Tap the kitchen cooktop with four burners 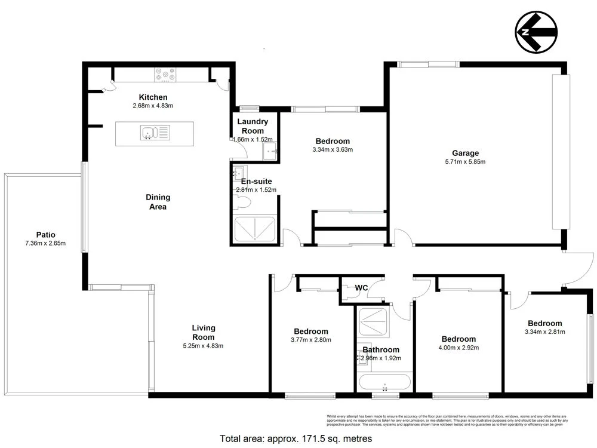tap(165, 74)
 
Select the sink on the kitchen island tap(147, 131)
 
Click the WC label tap(361, 288)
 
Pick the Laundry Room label tap(253, 126)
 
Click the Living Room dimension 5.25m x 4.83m tap(204, 345)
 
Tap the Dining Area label tap(158, 202)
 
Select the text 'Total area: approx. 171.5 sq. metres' tap(296, 438)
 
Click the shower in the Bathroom tap(374, 322)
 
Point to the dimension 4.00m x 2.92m tap(458, 348)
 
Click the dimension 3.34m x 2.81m tap(544, 332)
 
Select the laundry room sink tap(270, 150)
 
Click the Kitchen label tap(153, 97)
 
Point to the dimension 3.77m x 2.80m tap(310, 340)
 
